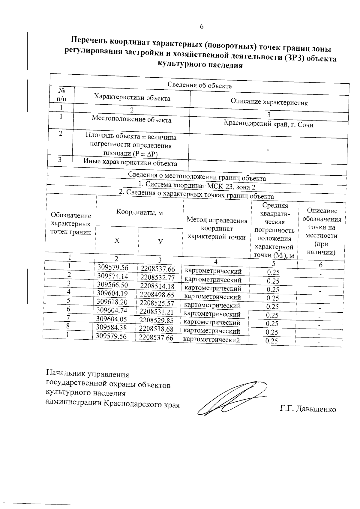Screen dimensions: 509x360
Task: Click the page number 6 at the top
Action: click(x=202, y=27)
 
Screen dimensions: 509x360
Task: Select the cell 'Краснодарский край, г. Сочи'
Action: click(x=268, y=124)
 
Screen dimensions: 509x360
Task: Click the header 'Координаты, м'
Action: click(x=139, y=212)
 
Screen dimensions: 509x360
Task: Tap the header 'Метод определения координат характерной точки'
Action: click(x=217, y=228)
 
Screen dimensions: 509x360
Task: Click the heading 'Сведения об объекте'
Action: click(x=199, y=85)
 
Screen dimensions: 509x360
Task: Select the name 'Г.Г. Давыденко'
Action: click(x=308, y=409)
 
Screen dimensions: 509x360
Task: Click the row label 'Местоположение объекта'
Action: click(x=131, y=120)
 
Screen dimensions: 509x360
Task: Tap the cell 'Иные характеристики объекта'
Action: click(x=130, y=163)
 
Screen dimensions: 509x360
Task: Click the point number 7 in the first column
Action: click(x=68, y=318)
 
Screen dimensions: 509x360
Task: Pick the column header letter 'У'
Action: click(x=160, y=242)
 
